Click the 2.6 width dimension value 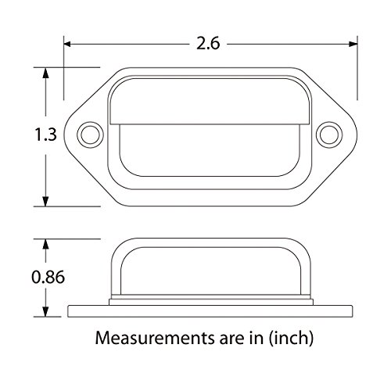coord(208,43)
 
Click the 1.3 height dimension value coord(45,135)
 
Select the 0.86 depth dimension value coord(48,277)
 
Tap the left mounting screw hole coord(90,135)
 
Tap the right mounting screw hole coord(329,135)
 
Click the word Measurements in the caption coord(155,338)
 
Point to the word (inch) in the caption coord(291,339)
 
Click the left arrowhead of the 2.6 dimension coord(67,44)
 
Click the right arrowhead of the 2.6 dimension coord(353,44)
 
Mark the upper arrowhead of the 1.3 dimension coord(45,73)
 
